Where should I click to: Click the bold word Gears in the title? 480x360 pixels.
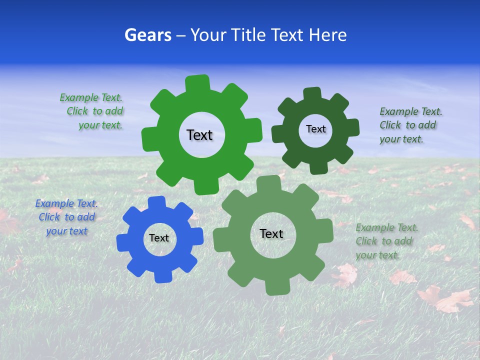coord(147,35)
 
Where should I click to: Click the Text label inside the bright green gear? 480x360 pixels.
coord(199,135)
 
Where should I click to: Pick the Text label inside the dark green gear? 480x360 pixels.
coord(315,129)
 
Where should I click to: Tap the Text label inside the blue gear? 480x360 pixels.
coord(159,238)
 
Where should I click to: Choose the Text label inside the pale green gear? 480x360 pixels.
coord(271,233)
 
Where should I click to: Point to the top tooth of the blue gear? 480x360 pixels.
coord(156,202)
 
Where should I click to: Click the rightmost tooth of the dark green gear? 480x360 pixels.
coord(352,127)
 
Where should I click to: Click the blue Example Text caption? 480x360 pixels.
coord(66,217)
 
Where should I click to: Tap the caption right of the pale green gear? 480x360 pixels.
coord(386,241)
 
